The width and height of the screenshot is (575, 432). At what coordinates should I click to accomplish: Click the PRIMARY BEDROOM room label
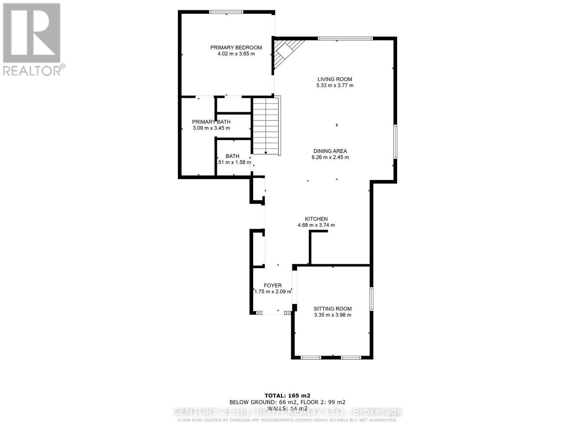pyautogui.click(x=236, y=48)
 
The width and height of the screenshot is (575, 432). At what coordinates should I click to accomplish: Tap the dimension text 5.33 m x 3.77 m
pyautogui.click(x=335, y=86)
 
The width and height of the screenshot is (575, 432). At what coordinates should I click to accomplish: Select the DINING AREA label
pyautogui.click(x=330, y=151)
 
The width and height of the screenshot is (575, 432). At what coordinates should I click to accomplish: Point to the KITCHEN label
pyautogui.click(x=316, y=219)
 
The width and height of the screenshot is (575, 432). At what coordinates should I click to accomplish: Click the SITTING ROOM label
pyautogui.click(x=332, y=309)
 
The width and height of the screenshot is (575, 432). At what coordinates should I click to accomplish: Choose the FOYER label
pyautogui.click(x=272, y=285)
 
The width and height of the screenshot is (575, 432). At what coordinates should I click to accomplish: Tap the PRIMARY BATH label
pyautogui.click(x=211, y=122)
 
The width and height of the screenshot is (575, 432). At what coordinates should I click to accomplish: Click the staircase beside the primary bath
pyautogui.click(x=266, y=126)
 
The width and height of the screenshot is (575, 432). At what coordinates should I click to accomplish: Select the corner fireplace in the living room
pyautogui.click(x=286, y=52)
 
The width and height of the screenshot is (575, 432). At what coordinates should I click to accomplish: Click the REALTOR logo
pyautogui.click(x=32, y=40)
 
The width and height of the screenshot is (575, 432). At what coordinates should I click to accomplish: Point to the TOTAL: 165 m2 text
pyautogui.click(x=287, y=395)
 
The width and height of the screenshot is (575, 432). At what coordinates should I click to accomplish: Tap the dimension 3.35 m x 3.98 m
pyautogui.click(x=332, y=315)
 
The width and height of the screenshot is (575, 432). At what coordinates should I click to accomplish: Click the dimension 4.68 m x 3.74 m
pyautogui.click(x=316, y=225)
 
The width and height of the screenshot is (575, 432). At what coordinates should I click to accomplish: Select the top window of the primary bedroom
pyautogui.click(x=226, y=12)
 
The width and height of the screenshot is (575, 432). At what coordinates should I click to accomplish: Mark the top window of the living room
pyautogui.click(x=345, y=38)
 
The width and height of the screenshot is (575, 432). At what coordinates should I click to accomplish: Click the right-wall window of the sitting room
pyautogui.click(x=372, y=299)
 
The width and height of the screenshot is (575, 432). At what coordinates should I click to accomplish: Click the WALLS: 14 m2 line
pyautogui.click(x=287, y=408)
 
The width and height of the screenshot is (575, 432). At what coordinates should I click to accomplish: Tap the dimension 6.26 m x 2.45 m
pyautogui.click(x=330, y=157)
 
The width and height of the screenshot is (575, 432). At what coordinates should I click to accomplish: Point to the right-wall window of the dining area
pyautogui.click(x=395, y=141)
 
